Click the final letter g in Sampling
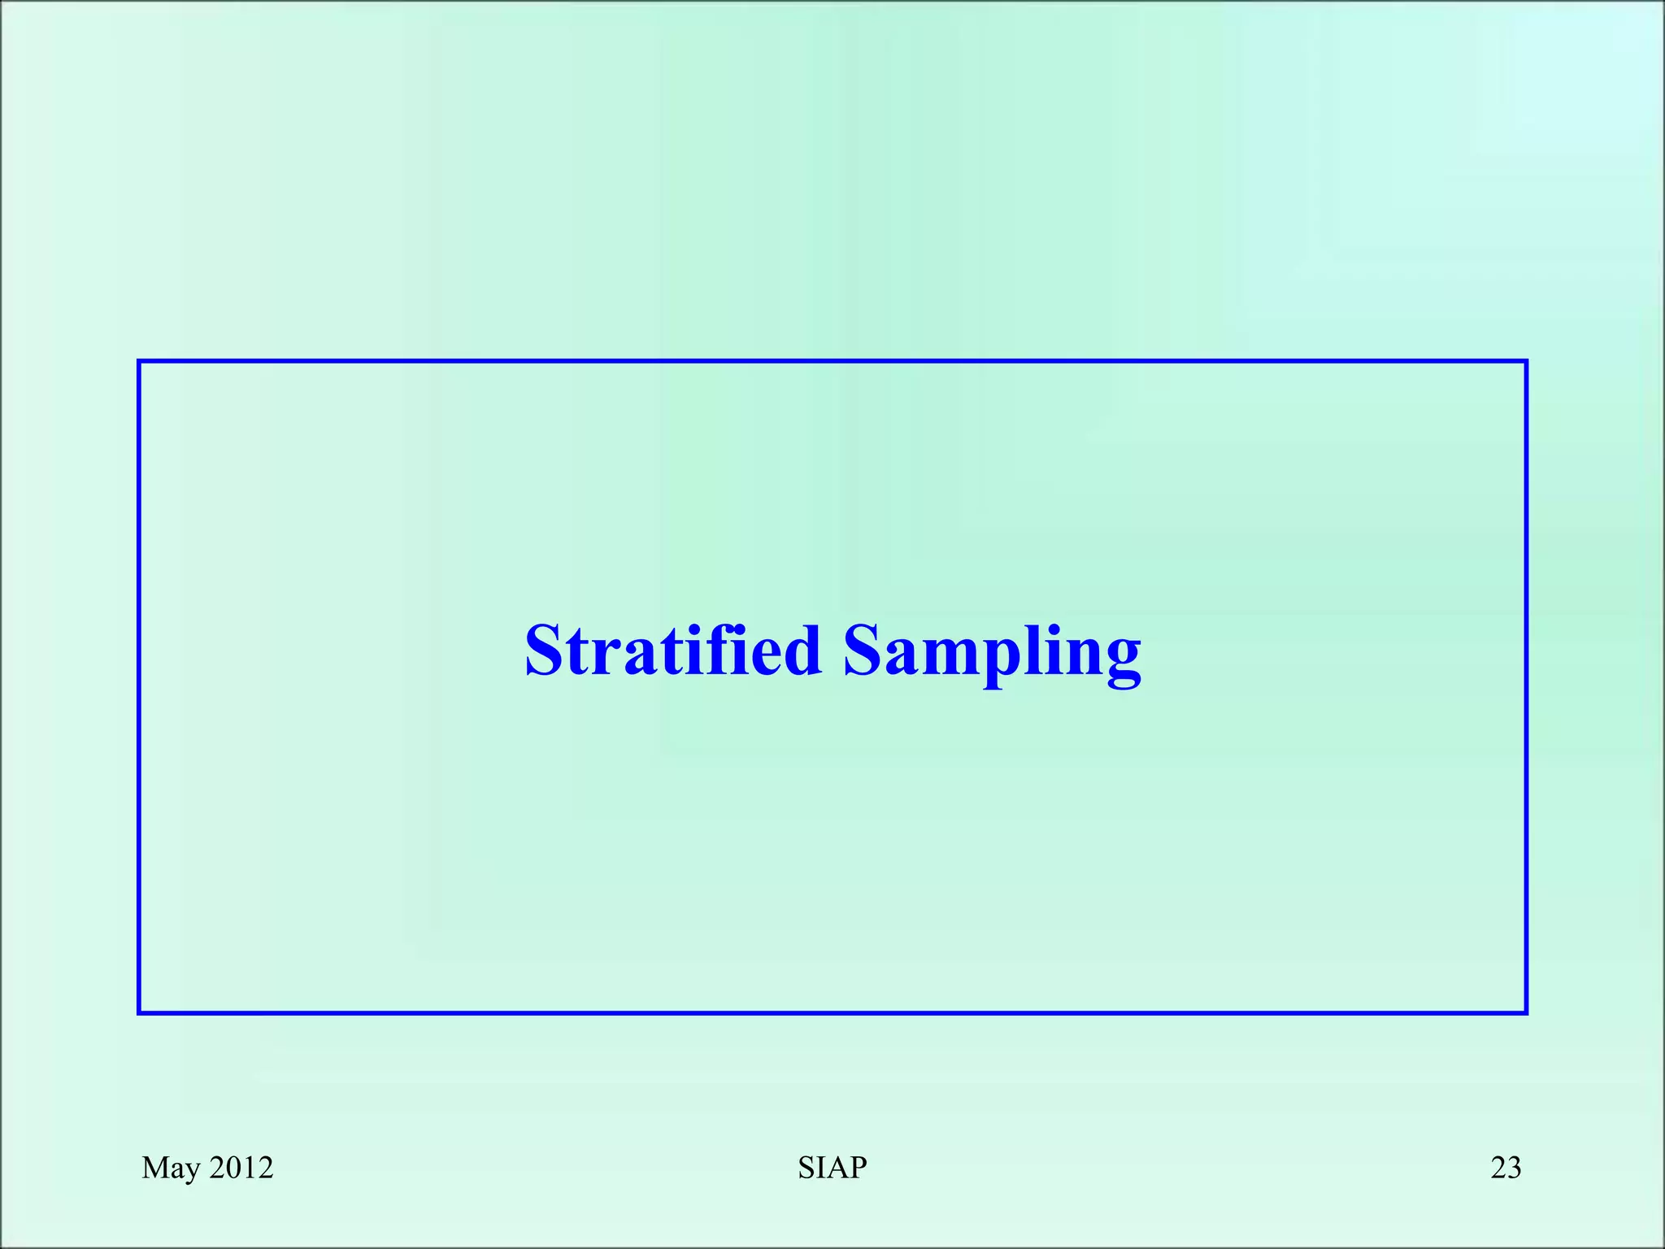click(x=1123, y=660)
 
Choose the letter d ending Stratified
click(x=801, y=651)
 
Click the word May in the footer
click(x=171, y=1168)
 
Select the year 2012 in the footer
click(x=241, y=1168)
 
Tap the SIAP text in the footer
click(x=832, y=1168)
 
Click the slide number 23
click(x=1506, y=1168)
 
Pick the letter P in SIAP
click(x=859, y=1168)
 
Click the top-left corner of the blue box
click(x=140, y=362)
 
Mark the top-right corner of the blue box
click(x=1526, y=362)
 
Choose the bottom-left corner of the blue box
click(x=140, y=1012)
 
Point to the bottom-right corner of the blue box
click(x=1526, y=1012)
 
